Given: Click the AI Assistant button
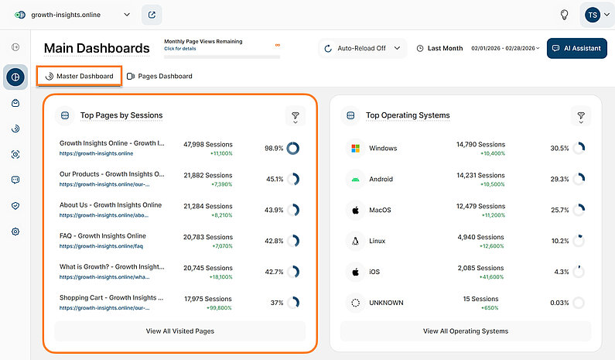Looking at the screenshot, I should [576, 48].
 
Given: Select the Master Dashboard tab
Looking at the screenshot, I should [79, 76].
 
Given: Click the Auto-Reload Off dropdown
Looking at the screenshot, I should [362, 48].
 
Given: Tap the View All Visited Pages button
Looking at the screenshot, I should [179, 331].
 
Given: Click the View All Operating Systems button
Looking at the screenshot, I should [466, 331].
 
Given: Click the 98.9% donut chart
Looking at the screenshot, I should [293, 148].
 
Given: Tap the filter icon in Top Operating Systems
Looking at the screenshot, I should [580, 116].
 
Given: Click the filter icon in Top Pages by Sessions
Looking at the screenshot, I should [295, 116].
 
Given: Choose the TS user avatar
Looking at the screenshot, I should [593, 15].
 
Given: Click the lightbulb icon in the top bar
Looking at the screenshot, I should [565, 15].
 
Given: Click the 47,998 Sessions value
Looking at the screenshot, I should [208, 144].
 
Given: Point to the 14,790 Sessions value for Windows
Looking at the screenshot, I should [480, 144].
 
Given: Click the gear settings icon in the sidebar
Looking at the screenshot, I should [15, 231].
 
